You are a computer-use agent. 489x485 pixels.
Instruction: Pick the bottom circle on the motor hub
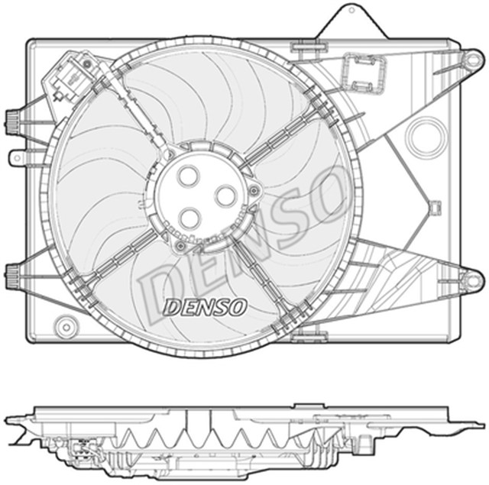pos(189,217)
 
